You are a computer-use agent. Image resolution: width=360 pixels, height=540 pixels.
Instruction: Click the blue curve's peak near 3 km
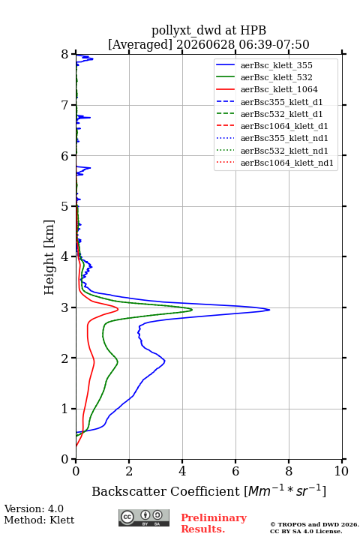click(x=269, y=310)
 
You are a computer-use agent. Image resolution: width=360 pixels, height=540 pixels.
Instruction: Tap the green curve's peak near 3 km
click(x=191, y=310)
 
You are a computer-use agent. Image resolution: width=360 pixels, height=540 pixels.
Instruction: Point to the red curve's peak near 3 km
click(x=118, y=309)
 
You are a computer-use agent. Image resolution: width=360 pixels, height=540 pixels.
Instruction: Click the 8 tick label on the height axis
click(x=65, y=54)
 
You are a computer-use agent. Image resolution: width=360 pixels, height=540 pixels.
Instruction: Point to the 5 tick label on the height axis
click(x=65, y=206)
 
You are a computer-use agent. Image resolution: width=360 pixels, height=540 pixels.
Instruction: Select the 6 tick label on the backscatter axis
click(x=235, y=471)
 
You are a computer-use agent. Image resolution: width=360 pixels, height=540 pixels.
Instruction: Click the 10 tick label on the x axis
click(x=341, y=471)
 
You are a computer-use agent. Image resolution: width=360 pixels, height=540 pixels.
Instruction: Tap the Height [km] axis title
click(x=49, y=257)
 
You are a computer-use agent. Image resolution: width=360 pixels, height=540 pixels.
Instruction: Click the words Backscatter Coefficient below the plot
click(x=166, y=491)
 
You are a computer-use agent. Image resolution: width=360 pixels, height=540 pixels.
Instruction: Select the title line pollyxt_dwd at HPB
click(x=208, y=30)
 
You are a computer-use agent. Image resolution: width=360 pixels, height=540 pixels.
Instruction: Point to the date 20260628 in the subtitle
click(x=205, y=44)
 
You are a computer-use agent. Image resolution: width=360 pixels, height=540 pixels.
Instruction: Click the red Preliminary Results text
click(x=214, y=523)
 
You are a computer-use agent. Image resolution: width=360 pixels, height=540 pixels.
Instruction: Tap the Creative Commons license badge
click(x=144, y=518)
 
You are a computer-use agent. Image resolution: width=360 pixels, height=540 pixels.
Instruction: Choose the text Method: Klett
click(x=39, y=520)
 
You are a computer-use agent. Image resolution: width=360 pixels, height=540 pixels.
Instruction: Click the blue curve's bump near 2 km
click(x=164, y=361)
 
